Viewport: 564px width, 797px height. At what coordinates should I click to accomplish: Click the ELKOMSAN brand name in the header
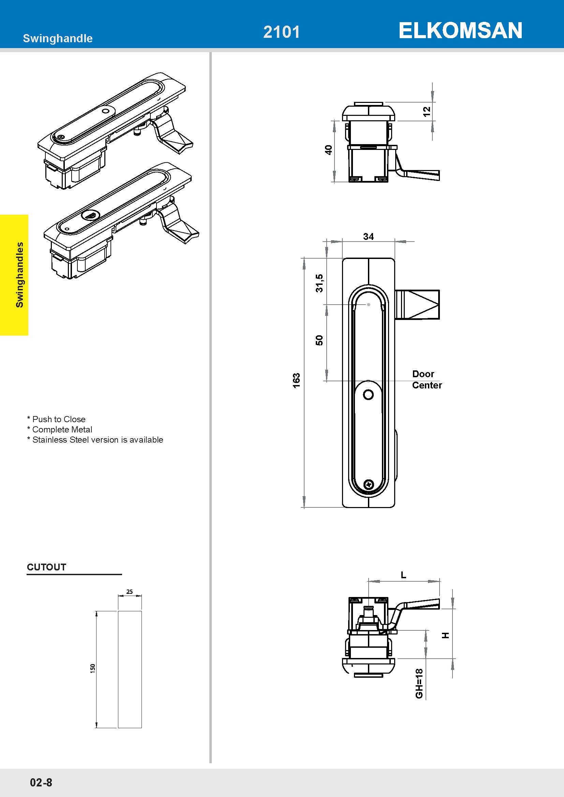click(460, 31)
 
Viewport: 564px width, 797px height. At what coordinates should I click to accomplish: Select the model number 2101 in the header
click(281, 32)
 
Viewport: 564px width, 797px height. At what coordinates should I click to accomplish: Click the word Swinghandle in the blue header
click(58, 38)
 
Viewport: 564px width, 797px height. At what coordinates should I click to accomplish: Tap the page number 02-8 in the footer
click(41, 782)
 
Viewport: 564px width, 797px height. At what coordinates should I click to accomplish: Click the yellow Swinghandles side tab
click(14, 275)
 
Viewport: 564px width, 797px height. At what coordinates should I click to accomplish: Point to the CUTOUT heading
click(46, 567)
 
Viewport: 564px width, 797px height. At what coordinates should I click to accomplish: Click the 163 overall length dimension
click(296, 381)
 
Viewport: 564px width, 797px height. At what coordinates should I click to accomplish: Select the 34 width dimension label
click(369, 236)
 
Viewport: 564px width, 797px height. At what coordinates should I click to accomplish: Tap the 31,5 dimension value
click(319, 283)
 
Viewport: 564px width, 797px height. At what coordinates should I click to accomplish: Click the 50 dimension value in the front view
click(319, 340)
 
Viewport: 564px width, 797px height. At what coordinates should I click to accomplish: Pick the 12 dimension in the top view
click(427, 111)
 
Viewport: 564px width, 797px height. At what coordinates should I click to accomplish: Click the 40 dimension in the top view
click(328, 150)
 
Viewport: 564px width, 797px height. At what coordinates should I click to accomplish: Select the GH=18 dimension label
click(419, 684)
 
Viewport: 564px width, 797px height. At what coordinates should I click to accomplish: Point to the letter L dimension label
click(403, 575)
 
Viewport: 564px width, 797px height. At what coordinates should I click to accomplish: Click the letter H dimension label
click(446, 635)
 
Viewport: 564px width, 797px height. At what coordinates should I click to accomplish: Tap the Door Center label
click(427, 379)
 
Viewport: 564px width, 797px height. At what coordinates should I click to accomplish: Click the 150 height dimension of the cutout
click(92, 669)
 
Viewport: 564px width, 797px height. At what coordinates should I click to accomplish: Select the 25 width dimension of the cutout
click(130, 592)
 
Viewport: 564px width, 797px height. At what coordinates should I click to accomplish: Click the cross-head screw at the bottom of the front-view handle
click(368, 484)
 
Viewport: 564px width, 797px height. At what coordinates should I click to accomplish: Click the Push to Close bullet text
click(56, 419)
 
